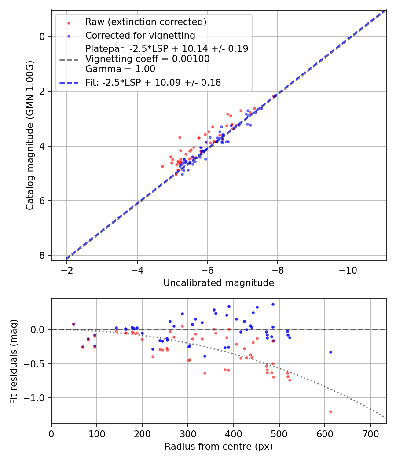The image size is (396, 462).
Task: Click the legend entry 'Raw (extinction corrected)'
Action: (146, 22)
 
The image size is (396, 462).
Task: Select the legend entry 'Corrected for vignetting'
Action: (140, 35)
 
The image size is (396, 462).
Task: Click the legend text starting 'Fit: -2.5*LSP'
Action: (153, 82)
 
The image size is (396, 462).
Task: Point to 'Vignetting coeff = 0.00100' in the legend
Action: (147, 59)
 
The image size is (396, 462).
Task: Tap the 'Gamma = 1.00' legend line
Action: (120, 69)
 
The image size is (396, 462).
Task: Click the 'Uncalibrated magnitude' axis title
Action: (219, 283)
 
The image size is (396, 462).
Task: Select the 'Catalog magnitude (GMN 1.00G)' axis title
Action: (29, 135)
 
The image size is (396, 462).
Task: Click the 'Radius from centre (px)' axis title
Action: (219, 447)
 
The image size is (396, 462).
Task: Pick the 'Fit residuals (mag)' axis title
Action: (14, 361)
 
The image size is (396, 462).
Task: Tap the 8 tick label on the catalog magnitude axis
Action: (42, 255)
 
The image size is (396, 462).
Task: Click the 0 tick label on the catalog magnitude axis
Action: (42, 37)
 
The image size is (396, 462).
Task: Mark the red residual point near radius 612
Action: (330, 411)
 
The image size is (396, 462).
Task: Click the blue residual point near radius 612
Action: (330, 352)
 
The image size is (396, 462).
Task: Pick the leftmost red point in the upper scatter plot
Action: (162, 166)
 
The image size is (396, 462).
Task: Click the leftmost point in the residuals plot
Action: (73, 324)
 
